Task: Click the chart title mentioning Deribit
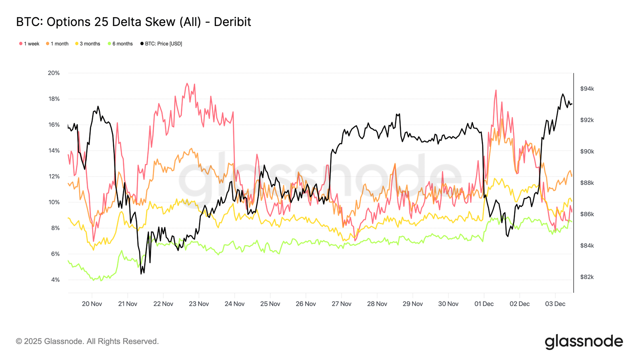[133, 22]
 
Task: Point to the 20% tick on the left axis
[54, 73]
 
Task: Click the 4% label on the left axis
[55, 280]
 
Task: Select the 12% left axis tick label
[54, 176]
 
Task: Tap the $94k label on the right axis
[587, 89]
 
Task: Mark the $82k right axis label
[587, 277]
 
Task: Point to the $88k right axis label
[587, 183]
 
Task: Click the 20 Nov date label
[92, 304]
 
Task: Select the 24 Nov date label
[234, 304]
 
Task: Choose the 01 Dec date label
[484, 304]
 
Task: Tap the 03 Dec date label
[555, 304]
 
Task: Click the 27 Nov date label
[341, 304]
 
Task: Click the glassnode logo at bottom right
[584, 342]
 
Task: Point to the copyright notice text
[87, 342]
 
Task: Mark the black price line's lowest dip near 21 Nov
[141, 274]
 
